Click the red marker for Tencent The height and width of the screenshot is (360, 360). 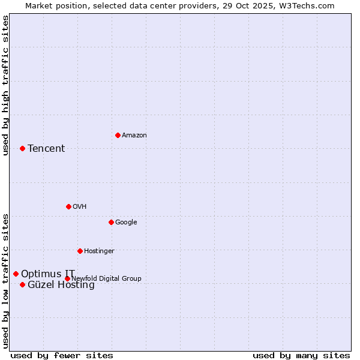pos(22,148)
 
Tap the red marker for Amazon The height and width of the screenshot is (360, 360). pos(118,135)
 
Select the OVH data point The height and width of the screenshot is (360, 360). pos(68,206)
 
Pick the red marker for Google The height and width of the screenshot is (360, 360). pos(111,222)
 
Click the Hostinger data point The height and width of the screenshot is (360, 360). pos(80,251)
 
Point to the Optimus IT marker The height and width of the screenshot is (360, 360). pos(16,274)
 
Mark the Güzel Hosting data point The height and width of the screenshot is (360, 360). pos(22,284)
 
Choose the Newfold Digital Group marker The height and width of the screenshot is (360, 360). pos(67,278)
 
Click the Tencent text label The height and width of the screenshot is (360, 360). pos(46,149)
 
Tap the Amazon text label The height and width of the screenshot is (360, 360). pos(134,136)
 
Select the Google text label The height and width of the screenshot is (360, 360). pos(126,223)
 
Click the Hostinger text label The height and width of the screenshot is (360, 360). pos(99,251)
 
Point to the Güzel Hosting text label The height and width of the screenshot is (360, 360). pos(61,285)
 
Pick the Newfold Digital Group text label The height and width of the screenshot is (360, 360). pos(106,279)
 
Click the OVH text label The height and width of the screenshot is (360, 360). pos(80,207)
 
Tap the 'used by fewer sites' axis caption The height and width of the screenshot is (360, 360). pos(62,355)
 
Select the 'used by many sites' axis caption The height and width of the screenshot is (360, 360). pos(301,355)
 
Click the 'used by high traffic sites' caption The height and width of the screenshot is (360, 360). pos(5,85)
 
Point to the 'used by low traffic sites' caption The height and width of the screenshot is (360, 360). pos(5,280)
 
